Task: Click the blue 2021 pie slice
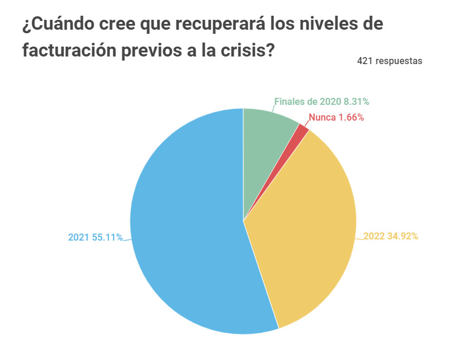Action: point(186,233)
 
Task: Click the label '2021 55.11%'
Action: point(95,237)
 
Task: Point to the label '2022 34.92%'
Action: point(391,237)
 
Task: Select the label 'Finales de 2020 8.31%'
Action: point(322,101)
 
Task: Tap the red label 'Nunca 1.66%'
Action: point(336,117)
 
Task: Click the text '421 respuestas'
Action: point(390,61)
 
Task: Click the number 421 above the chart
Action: point(365,61)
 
